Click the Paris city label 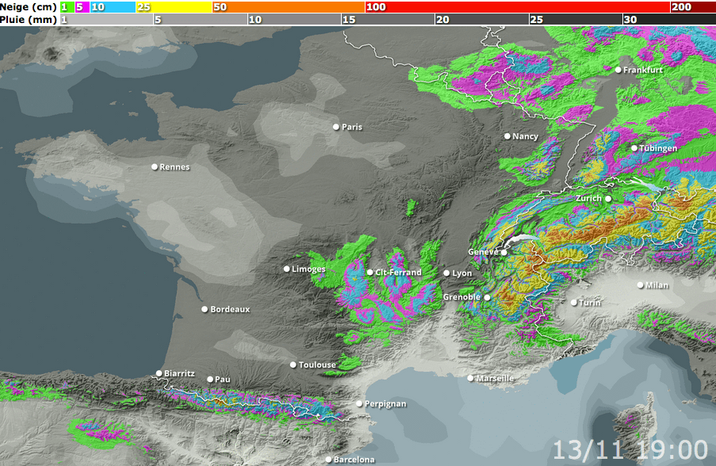[x=351, y=127]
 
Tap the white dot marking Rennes [x=155, y=166]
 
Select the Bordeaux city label [x=230, y=310]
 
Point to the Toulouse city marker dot [x=293, y=365]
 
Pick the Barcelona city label [x=354, y=460]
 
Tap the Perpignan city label [x=385, y=404]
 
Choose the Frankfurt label [x=642, y=70]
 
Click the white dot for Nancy [x=507, y=136]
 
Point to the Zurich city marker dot [x=608, y=198]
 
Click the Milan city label [x=657, y=285]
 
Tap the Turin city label [x=590, y=303]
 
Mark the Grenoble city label [x=461, y=297]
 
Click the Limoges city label [x=308, y=269]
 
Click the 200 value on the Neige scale [x=681, y=7]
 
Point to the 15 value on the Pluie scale [x=349, y=19]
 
